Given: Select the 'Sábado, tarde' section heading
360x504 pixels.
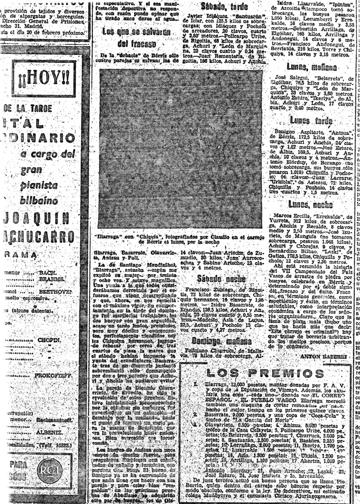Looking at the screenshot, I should (224, 6).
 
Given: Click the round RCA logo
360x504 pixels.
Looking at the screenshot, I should (49, 470).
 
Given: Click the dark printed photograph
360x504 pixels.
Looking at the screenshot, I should (180, 149).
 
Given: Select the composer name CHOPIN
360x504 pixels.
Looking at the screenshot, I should (49, 340).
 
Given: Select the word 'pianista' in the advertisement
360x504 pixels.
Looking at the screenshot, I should (39, 185).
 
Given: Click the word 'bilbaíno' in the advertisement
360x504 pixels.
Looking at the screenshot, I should (39, 201).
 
